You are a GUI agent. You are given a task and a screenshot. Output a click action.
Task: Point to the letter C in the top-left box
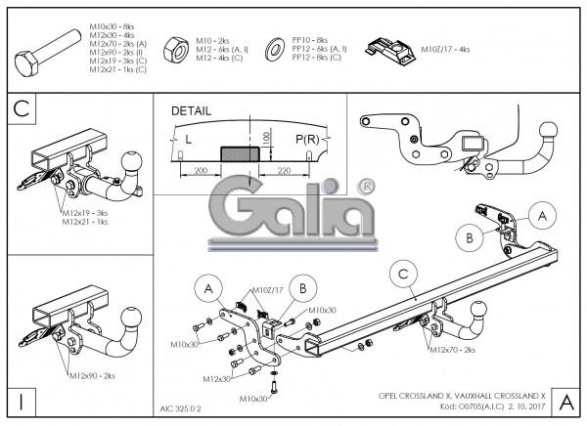[x=21, y=108]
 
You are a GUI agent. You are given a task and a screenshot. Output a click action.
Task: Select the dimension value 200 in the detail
[x=200, y=170]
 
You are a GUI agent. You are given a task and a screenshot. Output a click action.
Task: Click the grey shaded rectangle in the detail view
[x=237, y=153]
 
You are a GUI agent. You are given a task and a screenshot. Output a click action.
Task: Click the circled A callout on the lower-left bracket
[x=206, y=288]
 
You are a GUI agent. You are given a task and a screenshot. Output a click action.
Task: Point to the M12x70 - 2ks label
[x=452, y=349]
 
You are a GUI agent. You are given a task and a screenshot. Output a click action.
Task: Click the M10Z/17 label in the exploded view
[x=267, y=290]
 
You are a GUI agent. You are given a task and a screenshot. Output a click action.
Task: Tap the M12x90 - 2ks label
[x=93, y=375]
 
